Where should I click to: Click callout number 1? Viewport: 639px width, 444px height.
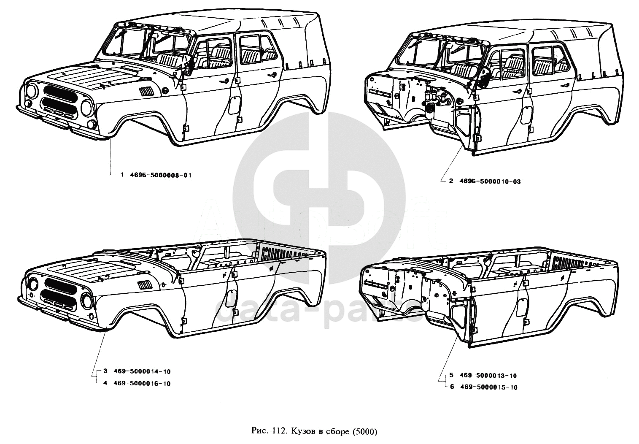coord(122,175)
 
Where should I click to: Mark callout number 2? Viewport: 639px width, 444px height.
coord(451,181)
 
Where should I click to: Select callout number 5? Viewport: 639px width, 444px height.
coord(451,375)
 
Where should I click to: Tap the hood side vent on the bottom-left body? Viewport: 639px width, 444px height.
coord(144,284)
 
